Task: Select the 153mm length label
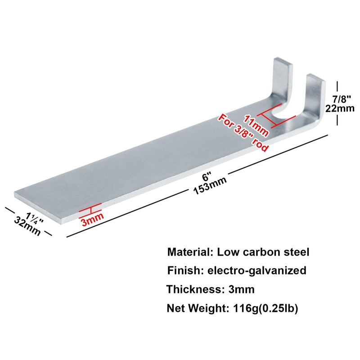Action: point(210,185)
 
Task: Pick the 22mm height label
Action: point(343,108)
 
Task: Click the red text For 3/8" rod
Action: point(243,133)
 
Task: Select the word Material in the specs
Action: point(188,252)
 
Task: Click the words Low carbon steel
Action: point(263,252)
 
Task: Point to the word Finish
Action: point(181,270)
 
